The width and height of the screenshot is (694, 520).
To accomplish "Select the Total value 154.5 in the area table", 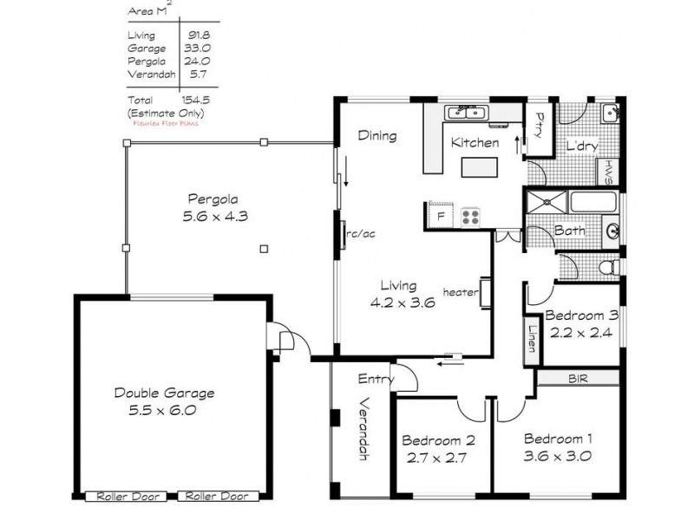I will coord(194,101).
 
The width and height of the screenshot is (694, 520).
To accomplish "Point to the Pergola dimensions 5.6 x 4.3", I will coord(215,217).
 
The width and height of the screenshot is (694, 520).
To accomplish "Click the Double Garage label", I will coord(164,393).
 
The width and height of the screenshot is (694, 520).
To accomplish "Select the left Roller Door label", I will coord(128,497).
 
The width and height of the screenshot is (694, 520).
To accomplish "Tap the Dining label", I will coord(377,136).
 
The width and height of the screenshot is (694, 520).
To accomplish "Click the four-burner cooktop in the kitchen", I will coord(471,216).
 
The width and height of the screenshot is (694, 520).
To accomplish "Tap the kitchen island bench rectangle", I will coord(480,166).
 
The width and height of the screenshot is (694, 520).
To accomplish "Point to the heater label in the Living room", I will coord(460,293).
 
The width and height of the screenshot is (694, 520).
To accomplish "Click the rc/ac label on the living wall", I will coord(360,233).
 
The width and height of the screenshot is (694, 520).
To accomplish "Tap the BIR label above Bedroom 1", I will coord(577,379).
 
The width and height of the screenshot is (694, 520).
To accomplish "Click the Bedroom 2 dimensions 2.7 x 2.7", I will coord(436,458).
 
